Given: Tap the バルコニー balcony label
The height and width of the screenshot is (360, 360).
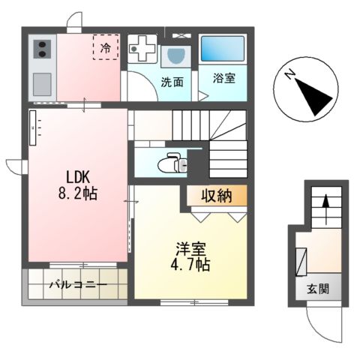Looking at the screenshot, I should click(x=78, y=285).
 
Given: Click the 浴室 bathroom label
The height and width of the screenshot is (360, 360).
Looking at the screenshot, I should click(x=223, y=77).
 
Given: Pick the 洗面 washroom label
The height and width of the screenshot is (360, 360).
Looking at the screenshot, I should click(x=172, y=82).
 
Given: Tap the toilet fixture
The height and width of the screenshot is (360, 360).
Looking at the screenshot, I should click(x=171, y=160).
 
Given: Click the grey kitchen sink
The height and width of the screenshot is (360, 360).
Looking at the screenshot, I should click(x=41, y=81).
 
